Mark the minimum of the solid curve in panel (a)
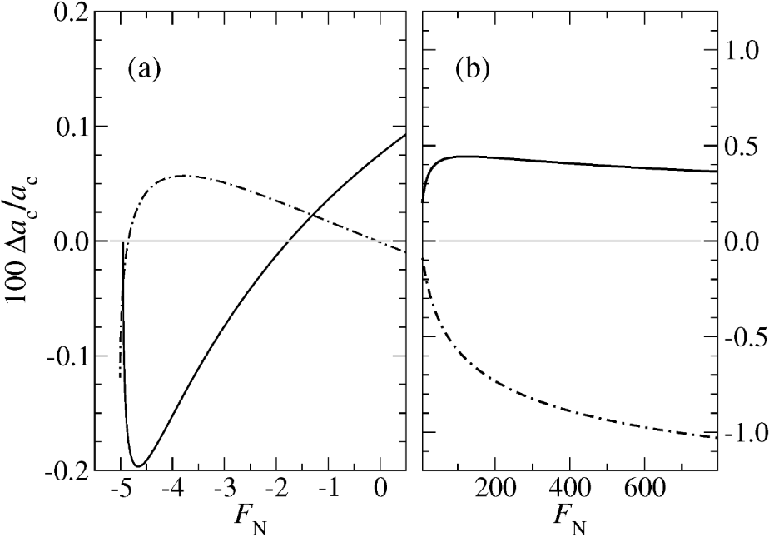tap(140, 466)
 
